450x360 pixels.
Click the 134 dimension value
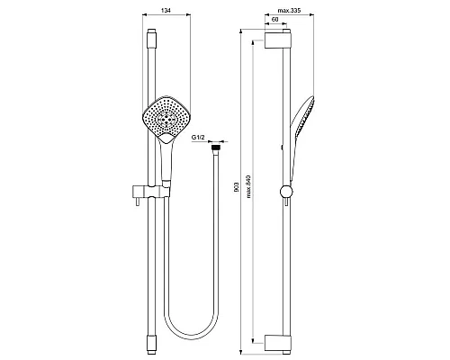coord(166,11)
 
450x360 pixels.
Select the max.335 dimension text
coord(289,11)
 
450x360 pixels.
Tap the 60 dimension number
coord(274,20)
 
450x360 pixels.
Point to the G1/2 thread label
coord(198,138)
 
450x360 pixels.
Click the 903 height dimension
coord(237,187)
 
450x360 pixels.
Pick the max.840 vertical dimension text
coord(248,186)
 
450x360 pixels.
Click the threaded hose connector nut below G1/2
coord(216,148)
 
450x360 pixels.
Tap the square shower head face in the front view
coord(166,118)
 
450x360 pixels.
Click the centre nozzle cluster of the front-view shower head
coord(166,120)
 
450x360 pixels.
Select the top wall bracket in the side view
coord(278,39)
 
